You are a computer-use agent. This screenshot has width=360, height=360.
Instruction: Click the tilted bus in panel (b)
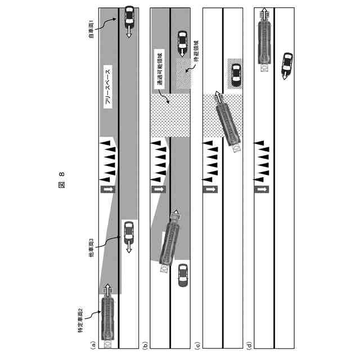169,242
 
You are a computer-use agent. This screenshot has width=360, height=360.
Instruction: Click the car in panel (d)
287,64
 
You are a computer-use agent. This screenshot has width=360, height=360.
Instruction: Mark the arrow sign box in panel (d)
261,190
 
